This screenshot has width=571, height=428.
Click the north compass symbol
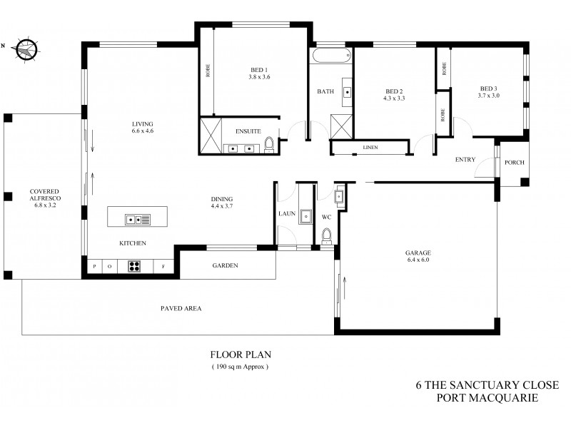click(26, 48)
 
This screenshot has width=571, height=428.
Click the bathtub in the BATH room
click(331, 57)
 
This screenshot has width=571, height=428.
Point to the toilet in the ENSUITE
click(269, 146)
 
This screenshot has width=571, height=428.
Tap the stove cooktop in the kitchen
click(133, 266)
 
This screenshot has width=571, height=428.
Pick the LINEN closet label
click(370, 148)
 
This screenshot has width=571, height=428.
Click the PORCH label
click(514, 163)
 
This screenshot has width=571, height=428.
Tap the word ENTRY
click(465, 159)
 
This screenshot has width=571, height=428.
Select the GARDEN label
click(225, 265)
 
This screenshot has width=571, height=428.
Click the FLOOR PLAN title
click(240, 355)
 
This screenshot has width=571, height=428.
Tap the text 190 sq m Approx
click(240, 367)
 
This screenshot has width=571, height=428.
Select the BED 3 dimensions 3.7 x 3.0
click(489, 95)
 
